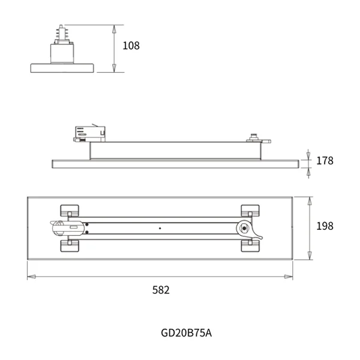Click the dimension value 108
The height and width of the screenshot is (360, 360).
click(131, 46)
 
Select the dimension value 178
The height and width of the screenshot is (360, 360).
click(324, 161)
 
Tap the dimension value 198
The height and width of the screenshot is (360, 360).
click(324, 226)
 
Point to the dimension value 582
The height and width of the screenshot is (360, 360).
click(161, 290)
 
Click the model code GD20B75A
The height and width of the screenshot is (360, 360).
click(186, 332)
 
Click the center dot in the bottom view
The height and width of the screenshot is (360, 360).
click(160, 228)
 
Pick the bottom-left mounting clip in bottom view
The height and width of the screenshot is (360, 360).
click(70, 246)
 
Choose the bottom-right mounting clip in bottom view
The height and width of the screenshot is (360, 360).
click(250, 245)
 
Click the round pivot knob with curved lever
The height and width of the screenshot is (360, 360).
click(244, 227)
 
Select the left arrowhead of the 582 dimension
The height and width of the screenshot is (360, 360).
click(31, 277)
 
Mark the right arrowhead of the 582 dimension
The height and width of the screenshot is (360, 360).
click(289, 277)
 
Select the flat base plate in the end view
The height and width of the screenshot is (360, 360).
click(62, 68)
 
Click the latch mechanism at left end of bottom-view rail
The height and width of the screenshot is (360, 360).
click(60, 227)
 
